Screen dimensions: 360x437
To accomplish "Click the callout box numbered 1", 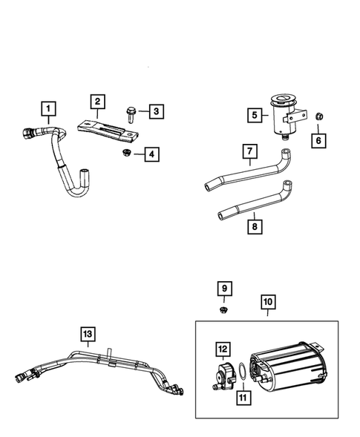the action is point(48,108).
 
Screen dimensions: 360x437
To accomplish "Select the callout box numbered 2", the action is point(97,102).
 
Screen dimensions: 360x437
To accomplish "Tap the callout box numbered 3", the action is point(156,111).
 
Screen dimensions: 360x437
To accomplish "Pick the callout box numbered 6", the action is point(318,140).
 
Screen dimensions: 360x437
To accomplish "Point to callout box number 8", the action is point(255,226).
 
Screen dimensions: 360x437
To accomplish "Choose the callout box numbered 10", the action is point(268,302).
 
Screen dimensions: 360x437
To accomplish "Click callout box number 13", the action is point(88,334).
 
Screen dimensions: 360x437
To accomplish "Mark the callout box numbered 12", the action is point(223,349).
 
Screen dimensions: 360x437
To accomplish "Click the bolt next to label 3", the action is point(130,115).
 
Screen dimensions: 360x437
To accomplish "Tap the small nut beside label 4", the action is point(126,152).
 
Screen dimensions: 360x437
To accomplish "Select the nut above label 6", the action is point(318,116).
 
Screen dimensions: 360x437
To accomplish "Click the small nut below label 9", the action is point(223,310).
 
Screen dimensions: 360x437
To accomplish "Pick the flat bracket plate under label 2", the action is point(108,131).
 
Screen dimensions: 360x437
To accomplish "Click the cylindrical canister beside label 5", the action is point(286,117).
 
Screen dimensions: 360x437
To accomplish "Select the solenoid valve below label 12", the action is point(223,376).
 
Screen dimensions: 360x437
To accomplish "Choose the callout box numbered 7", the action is point(250,151).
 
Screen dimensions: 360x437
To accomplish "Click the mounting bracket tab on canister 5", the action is point(295,117).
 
